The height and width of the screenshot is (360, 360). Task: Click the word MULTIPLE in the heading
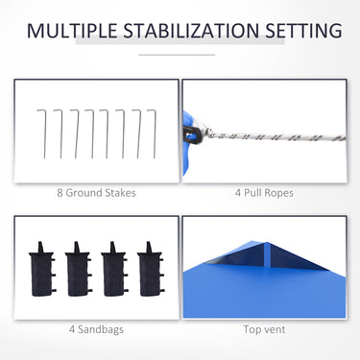(72, 31)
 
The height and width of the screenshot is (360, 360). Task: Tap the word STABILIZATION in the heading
(191, 31)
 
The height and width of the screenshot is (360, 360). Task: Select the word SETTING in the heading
(303, 31)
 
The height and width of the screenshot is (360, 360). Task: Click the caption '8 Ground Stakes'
(96, 193)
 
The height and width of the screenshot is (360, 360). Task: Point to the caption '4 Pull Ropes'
(264, 193)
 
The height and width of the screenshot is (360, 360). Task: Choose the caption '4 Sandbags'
(96, 329)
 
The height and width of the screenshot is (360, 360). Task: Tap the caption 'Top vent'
(264, 329)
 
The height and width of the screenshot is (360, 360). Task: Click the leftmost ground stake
(44, 133)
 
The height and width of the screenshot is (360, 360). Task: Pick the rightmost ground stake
(155, 133)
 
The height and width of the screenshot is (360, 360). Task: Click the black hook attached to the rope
(193, 135)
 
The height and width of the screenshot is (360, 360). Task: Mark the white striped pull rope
(276, 136)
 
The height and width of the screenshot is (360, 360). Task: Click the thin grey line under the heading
(177, 55)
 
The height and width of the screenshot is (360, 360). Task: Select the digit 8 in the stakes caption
(60, 193)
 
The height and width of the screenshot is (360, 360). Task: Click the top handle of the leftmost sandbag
(40, 248)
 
